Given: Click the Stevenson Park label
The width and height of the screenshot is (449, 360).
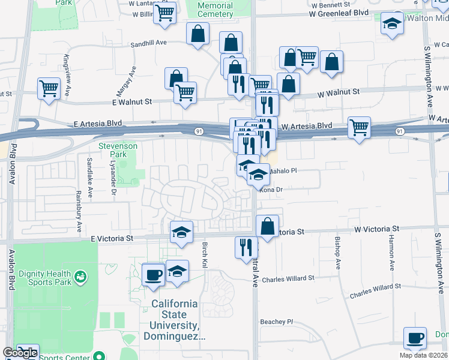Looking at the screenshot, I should point(118,150).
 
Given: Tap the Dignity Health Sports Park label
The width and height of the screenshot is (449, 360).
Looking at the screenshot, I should point(44,277).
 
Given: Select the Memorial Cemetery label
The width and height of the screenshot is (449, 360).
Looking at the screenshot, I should point(215,10).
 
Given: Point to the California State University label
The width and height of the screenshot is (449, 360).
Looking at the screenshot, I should point(174,320).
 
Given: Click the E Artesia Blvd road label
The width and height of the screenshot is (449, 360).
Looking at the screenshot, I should point(98,123).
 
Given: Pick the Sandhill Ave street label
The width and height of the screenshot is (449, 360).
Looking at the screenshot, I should point(149,43).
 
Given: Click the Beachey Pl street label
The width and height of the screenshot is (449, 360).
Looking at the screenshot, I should point(276,322).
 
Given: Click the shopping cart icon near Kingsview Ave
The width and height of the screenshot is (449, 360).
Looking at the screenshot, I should point(49,88).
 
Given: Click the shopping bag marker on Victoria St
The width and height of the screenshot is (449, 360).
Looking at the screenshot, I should point(268,226).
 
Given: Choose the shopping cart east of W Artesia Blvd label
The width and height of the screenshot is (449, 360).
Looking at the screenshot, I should point(359,127).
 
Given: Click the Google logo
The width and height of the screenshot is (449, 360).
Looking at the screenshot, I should point(20,353).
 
